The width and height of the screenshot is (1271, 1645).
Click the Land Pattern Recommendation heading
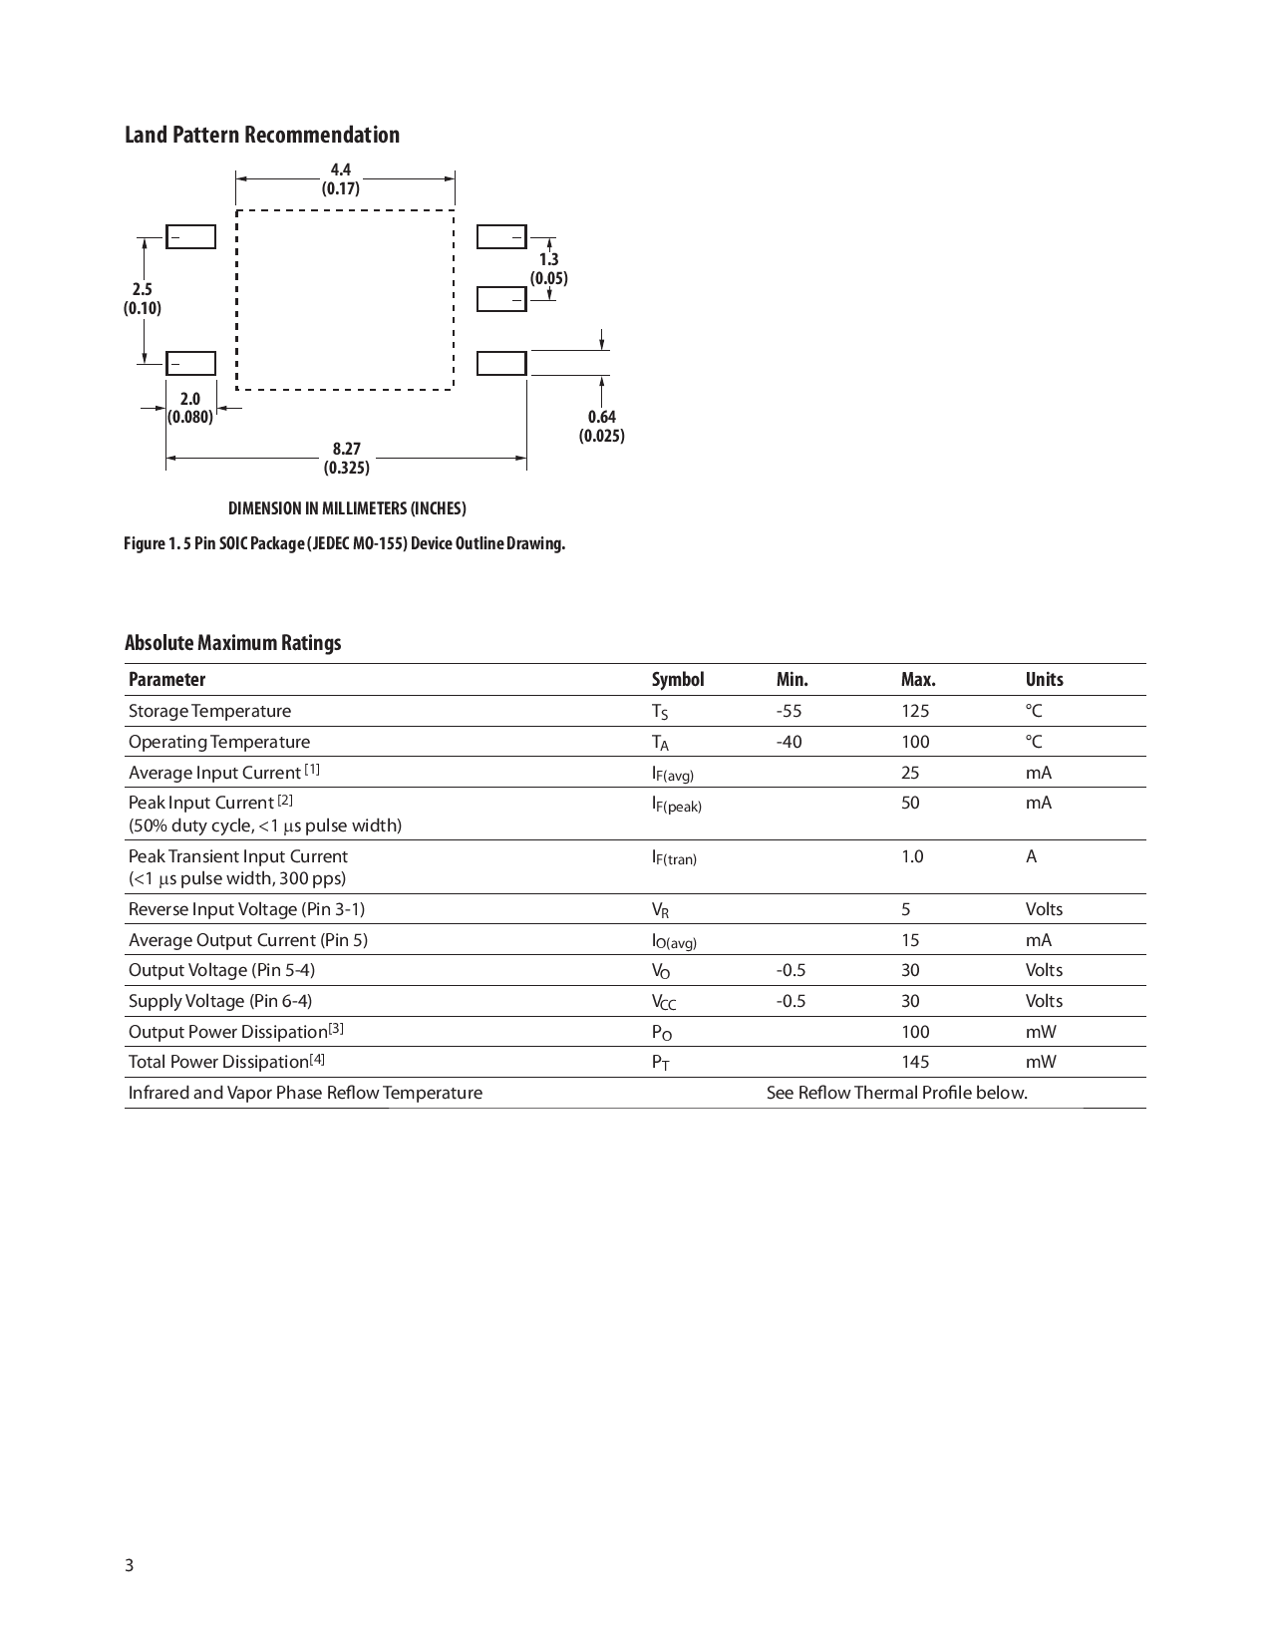(261, 135)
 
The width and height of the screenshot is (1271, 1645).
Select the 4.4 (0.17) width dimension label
(341, 179)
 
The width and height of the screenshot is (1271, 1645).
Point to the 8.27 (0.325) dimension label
(346, 459)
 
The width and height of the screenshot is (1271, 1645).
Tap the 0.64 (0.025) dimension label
(601, 427)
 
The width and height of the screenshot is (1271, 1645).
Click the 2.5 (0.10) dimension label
(143, 299)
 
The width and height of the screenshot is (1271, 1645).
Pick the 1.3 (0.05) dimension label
(549, 269)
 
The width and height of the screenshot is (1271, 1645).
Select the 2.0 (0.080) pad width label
(189, 408)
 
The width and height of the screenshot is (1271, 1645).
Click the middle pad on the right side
(501, 299)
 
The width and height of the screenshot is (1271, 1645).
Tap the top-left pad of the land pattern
(190, 237)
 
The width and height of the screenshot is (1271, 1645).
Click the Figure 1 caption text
(344, 543)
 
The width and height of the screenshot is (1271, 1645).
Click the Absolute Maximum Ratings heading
(232, 643)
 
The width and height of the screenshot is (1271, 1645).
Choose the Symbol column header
(678, 680)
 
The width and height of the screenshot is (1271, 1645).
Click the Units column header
(1044, 680)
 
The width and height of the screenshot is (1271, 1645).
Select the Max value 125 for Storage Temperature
(915, 711)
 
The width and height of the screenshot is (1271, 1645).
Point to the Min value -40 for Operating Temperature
(789, 742)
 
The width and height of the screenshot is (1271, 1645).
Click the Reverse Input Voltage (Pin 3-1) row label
(246, 909)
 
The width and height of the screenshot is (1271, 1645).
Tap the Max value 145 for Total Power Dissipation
(915, 1062)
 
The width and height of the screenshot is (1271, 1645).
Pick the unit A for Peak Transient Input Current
(1031, 856)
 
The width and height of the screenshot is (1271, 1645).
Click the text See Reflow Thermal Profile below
(896, 1093)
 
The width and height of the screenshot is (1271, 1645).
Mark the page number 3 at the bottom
(130, 1564)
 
